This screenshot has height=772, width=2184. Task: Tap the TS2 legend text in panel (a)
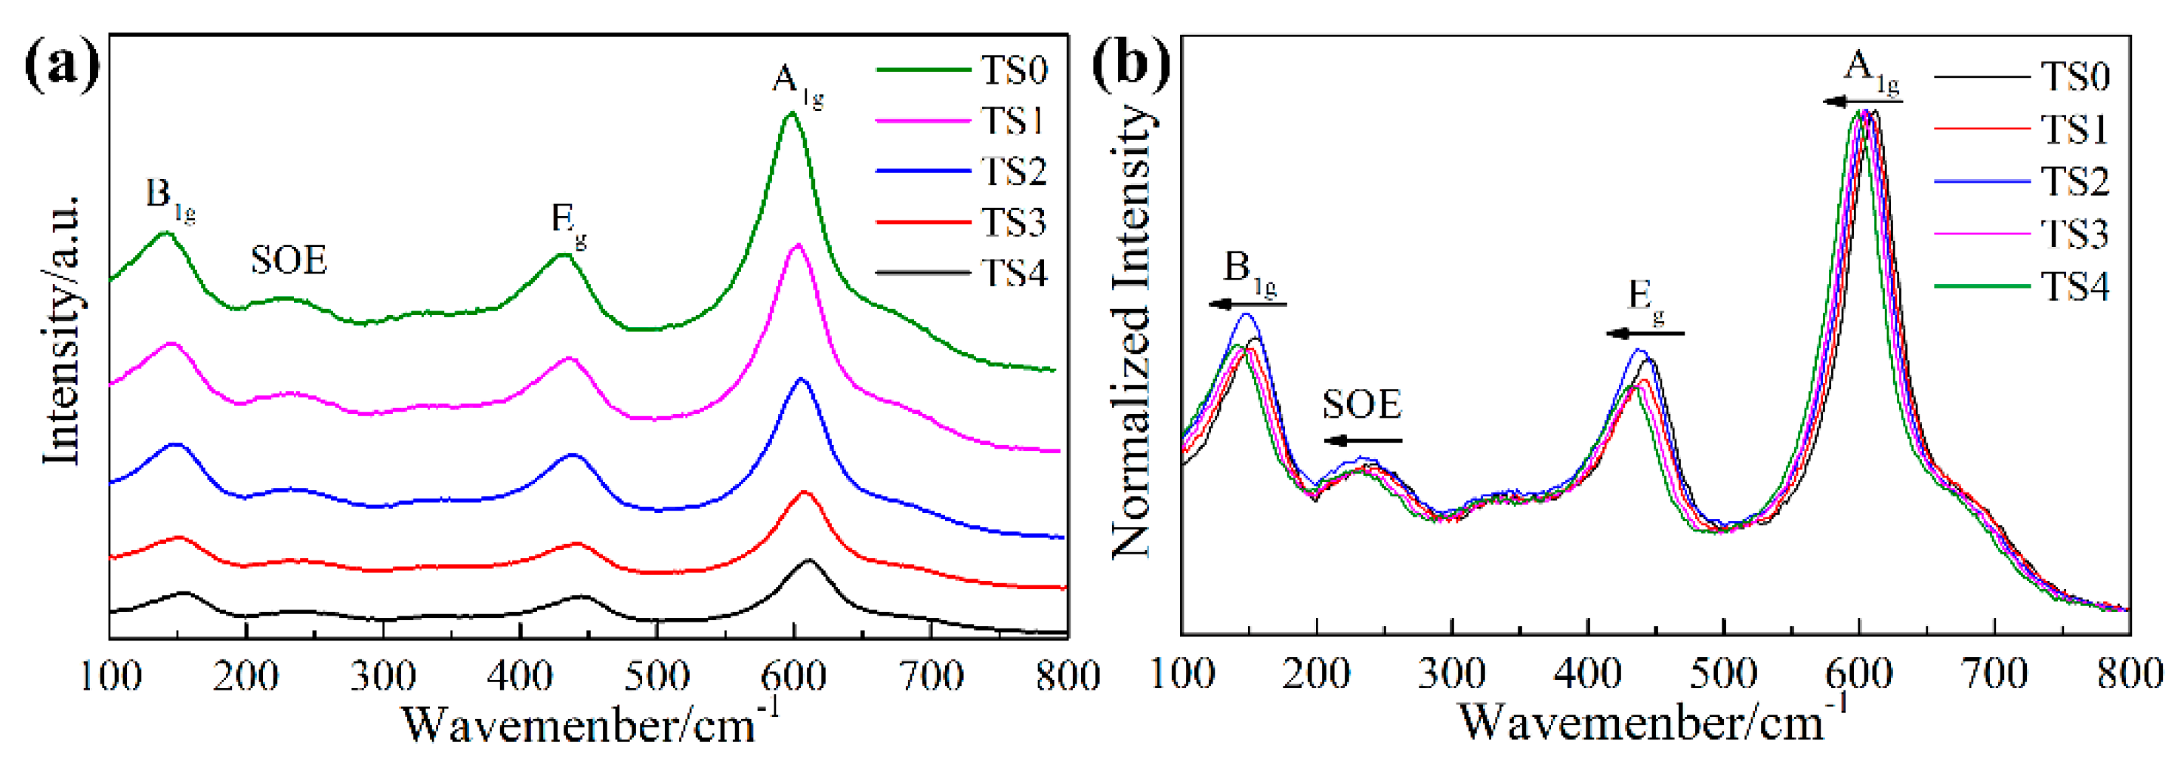click(1014, 172)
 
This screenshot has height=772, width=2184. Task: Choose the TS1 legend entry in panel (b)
click(2074, 130)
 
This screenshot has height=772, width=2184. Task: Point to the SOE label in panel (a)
click(289, 260)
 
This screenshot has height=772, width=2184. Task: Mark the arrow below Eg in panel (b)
click(1645, 333)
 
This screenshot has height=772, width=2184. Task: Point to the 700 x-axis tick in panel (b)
click(1994, 675)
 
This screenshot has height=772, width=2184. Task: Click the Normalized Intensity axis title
click(1131, 331)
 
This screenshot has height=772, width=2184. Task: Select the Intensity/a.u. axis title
click(63, 331)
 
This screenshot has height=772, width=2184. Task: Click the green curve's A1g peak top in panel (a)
click(791, 113)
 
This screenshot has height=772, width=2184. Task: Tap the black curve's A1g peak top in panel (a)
click(808, 560)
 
